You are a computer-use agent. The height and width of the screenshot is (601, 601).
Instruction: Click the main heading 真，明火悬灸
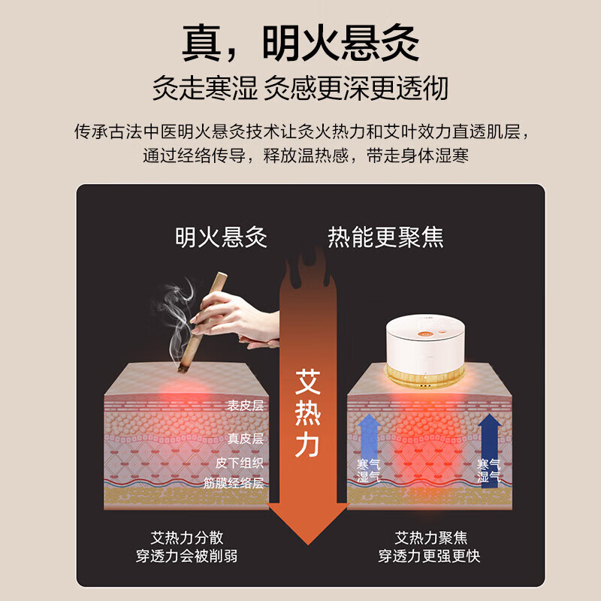click(300, 43)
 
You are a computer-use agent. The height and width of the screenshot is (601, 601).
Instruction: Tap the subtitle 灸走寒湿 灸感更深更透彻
click(300, 88)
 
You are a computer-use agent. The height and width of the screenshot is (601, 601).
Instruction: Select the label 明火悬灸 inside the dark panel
click(221, 237)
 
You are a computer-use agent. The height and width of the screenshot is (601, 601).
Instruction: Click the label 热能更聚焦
click(385, 237)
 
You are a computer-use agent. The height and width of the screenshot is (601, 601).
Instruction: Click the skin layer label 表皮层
click(245, 406)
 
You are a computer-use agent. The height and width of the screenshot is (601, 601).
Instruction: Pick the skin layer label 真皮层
click(245, 439)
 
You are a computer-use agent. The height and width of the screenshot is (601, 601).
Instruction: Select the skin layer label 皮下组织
click(239, 462)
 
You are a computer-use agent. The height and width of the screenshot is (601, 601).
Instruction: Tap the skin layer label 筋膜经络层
click(234, 483)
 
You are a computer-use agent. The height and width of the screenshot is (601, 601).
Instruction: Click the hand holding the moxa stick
click(229, 316)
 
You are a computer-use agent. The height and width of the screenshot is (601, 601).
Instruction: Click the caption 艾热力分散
click(187, 538)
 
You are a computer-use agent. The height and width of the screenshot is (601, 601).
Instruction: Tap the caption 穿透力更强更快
click(429, 556)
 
